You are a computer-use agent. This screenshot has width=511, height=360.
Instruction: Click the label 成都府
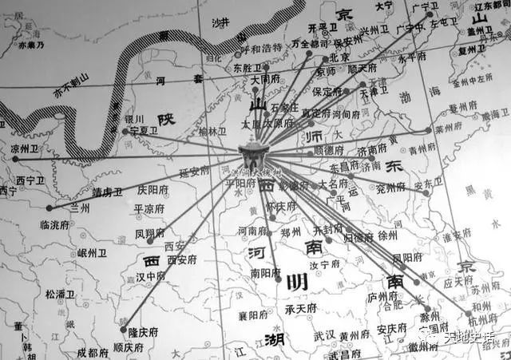click(92, 352)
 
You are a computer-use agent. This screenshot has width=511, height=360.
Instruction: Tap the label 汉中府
click(150, 276)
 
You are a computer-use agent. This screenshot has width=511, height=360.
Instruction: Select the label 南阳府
click(266, 272)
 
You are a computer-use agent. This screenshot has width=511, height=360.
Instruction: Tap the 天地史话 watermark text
click(473, 339)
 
